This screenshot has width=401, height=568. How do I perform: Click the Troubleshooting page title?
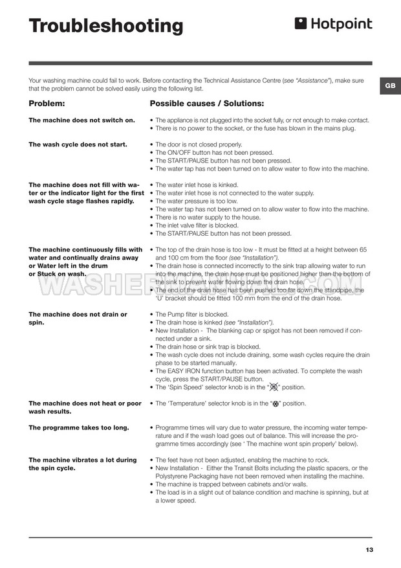pos(106,27)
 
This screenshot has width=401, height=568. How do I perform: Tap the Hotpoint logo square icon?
pos(300,24)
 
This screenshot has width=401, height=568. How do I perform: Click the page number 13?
pos(369,550)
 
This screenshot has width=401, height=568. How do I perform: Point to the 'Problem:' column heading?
pos(47,104)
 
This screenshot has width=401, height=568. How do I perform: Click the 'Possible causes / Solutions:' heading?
pos(206,104)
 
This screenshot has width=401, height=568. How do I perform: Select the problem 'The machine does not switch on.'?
pos(82,120)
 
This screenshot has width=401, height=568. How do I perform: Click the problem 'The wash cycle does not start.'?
pos(78,144)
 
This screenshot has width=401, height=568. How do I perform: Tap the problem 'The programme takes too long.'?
pos(79,427)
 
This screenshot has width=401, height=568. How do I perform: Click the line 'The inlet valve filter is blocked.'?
pos(197,225)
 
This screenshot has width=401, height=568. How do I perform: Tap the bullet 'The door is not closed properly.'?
pos(199,144)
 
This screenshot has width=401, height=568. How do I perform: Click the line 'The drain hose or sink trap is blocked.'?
pos(208,346)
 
